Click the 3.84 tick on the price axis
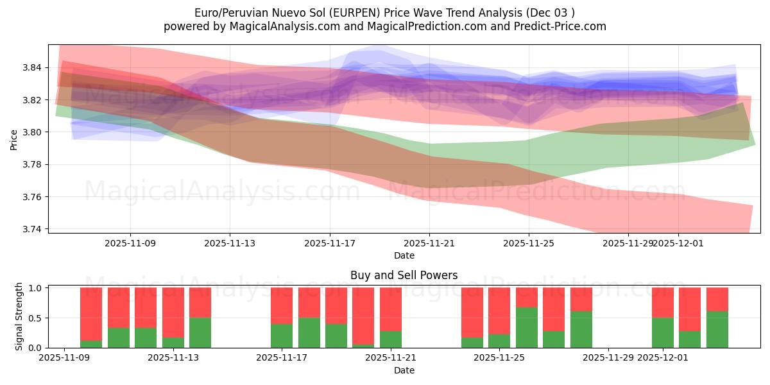33,67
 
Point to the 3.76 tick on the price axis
33,197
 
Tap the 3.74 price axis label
33,229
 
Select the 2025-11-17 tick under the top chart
330,243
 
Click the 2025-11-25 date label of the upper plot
529,243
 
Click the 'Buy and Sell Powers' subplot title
404,275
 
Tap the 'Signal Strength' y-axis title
19,316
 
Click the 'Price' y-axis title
14,139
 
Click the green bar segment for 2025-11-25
527,328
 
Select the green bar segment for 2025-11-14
200,332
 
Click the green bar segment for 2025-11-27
581,330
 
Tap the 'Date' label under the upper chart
404,255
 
